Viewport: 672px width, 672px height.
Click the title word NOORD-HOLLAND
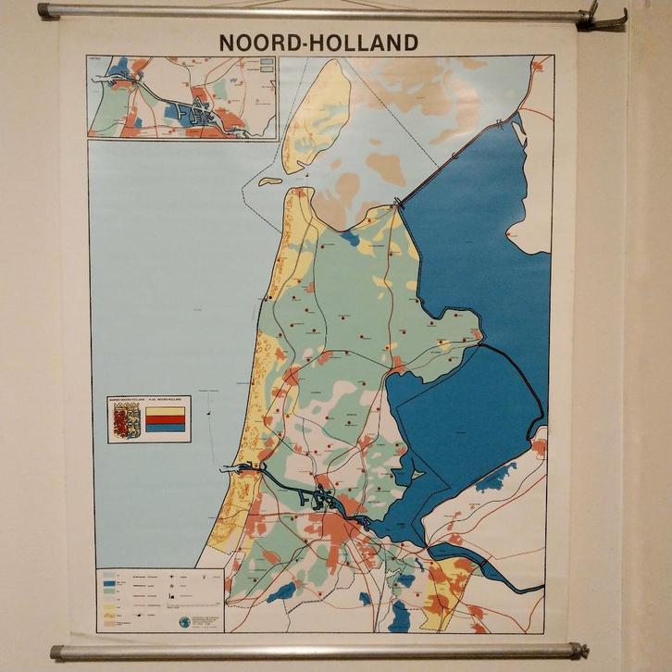click(x=317, y=43)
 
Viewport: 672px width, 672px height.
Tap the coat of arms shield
click(x=126, y=419)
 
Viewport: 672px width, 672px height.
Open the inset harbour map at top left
click(x=182, y=97)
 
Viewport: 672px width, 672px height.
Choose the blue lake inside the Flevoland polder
click(x=498, y=477)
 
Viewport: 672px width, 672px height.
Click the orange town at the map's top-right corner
click(x=538, y=66)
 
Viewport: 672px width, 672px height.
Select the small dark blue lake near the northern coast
click(x=350, y=238)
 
